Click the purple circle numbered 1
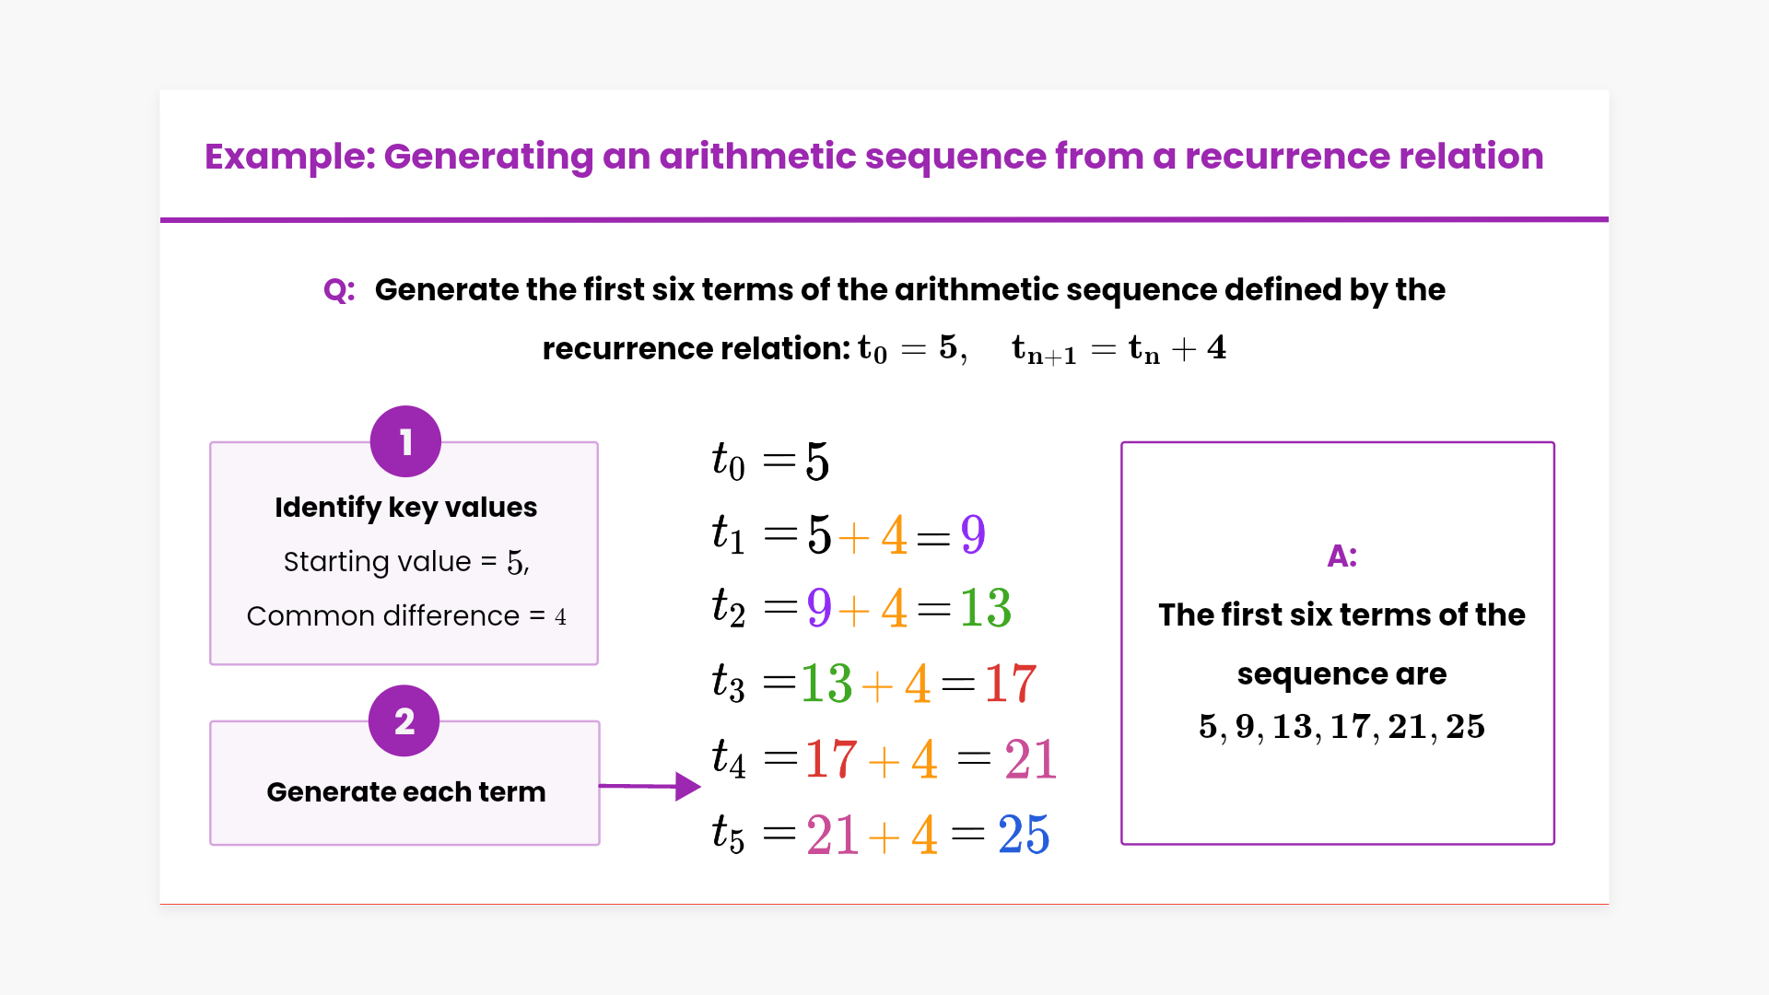[405, 441]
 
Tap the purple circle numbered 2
[404, 720]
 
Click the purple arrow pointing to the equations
[650, 786]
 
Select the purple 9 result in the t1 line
[973, 534]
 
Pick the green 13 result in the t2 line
[985, 608]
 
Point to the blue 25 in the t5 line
[1024, 835]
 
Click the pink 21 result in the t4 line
[1030, 759]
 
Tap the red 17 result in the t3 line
[1010, 684]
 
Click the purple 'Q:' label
[339, 290]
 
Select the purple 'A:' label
[1341, 556]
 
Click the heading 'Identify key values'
[405, 508]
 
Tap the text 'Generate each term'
[405, 791]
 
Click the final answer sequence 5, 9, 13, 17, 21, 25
[1341, 726]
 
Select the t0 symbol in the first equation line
[728, 461]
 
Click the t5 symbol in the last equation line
[728, 835]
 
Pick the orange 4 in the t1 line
[894, 534]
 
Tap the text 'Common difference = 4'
[406, 615]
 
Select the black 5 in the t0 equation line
[817, 461]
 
